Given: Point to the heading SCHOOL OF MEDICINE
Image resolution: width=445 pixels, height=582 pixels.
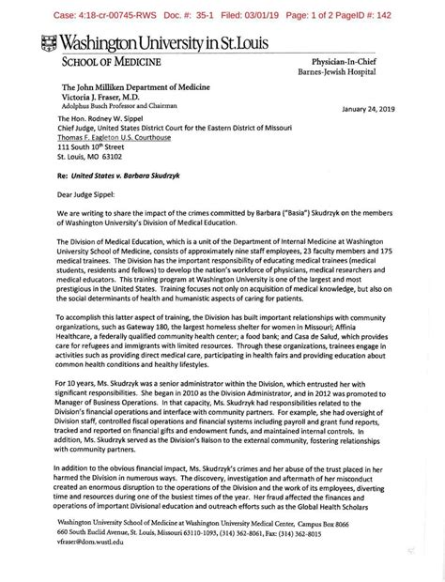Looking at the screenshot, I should point(111,62).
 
